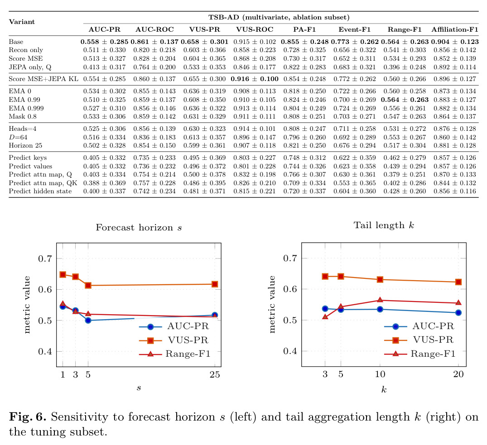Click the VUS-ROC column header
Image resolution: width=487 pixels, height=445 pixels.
(x=254, y=29)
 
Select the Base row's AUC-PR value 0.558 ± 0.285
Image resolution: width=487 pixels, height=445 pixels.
(x=104, y=42)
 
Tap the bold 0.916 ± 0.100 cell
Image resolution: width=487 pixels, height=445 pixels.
(x=254, y=79)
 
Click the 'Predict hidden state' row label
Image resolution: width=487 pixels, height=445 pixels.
(x=40, y=191)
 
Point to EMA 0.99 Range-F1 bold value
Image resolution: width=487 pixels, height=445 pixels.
(x=405, y=100)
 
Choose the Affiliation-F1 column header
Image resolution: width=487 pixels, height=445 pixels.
(x=455, y=29)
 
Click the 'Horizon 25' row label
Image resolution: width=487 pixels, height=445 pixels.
(x=25, y=145)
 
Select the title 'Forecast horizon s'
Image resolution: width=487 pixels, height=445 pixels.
(x=139, y=227)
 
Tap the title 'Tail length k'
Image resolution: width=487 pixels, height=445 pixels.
(x=384, y=225)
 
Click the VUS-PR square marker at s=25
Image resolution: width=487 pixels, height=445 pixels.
(x=215, y=284)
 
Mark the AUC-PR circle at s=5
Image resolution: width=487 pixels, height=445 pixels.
(x=88, y=320)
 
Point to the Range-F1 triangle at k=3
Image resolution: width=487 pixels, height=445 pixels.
(x=325, y=316)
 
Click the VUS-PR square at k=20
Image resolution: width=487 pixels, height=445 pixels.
(x=458, y=282)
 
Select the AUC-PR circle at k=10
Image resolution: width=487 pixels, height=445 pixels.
(x=380, y=309)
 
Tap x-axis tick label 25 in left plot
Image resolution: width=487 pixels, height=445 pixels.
(x=215, y=374)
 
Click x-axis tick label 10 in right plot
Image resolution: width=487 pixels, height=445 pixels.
(x=380, y=374)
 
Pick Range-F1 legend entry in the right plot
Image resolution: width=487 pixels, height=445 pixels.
(x=419, y=354)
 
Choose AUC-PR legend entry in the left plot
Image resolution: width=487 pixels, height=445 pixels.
(x=174, y=326)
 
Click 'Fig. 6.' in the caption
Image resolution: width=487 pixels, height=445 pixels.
(x=28, y=417)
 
